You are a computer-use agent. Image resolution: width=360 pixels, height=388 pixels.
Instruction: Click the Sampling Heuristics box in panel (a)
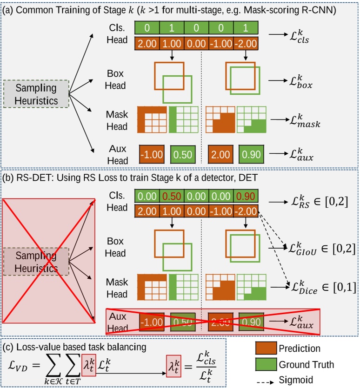(36, 94)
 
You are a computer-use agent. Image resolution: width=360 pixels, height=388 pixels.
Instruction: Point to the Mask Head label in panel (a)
(117, 120)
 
